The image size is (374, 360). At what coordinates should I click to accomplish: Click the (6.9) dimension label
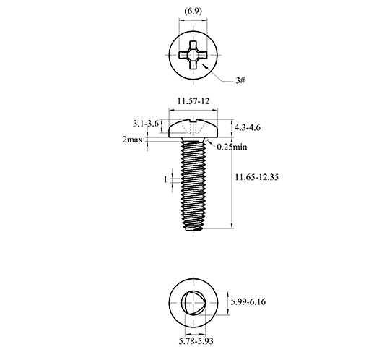point(193,11)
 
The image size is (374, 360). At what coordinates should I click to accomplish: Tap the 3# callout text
point(240,80)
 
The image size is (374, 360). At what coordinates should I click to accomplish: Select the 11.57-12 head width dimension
point(193,101)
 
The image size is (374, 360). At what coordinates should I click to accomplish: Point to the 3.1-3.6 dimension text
point(146,124)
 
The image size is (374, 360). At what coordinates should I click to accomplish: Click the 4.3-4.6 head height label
point(247,127)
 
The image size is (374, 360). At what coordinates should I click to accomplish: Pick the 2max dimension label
point(132,140)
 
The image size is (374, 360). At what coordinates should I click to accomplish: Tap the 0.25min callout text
point(232,147)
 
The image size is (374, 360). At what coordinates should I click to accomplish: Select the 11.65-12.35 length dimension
point(256,177)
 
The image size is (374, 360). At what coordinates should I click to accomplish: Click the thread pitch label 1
point(165,179)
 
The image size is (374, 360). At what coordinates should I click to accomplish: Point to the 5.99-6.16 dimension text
point(248,301)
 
